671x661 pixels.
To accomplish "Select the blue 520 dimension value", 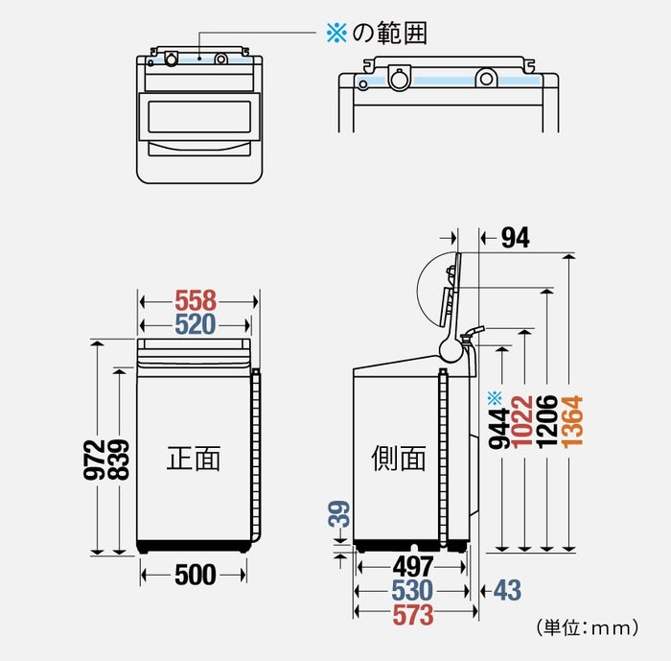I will point(196,324).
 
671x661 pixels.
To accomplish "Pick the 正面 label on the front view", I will point(194,459).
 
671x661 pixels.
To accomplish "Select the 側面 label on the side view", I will point(398,459).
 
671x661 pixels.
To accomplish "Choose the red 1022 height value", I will point(523,423).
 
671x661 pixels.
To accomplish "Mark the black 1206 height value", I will point(546,423).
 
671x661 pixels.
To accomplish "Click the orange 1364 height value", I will point(571,423).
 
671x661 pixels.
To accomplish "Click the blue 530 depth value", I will point(412,591).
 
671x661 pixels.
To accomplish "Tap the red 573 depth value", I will point(413,614).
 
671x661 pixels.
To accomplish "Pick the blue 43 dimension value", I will point(507,591).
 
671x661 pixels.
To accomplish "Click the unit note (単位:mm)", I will point(587,629).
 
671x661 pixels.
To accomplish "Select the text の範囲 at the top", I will point(389,34).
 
